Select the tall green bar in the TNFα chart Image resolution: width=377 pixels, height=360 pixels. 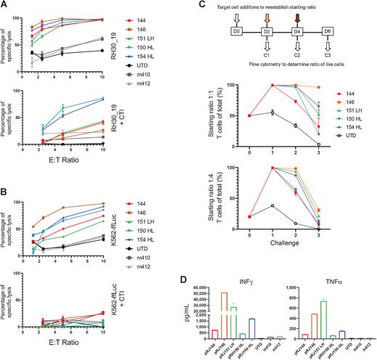pos(320,319)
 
